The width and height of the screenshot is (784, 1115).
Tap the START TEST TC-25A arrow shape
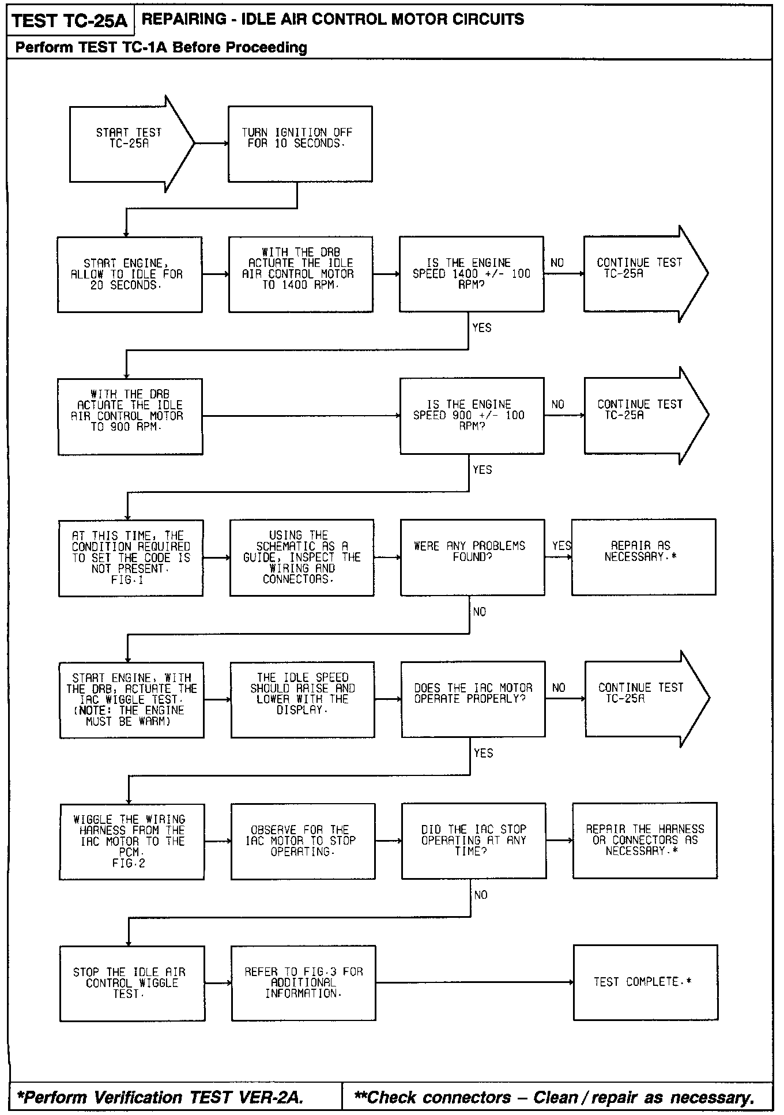pos(130,144)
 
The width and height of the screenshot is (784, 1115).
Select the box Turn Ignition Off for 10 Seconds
pos(300,144)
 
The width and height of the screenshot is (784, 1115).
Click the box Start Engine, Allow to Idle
pos(130,274)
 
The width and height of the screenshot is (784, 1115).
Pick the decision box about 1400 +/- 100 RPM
pos(471,274)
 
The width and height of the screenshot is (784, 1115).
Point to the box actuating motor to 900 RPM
pos(130,416)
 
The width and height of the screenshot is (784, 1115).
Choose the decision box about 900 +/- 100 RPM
pos(472,416)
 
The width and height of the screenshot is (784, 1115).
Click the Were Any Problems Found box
pos(472,557)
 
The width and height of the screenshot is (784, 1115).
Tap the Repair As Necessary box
pos(643,557)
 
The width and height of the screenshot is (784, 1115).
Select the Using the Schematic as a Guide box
pos(301,557)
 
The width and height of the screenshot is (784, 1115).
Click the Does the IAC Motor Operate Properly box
pos(473,699)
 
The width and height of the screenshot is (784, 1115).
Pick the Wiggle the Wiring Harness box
pos(131,842)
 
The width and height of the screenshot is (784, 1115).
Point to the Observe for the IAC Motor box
pos(303,841)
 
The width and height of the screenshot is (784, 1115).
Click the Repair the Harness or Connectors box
pos(644,841)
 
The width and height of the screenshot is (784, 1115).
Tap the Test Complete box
pos(645,982)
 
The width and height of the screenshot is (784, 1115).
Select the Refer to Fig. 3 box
pos(303,983)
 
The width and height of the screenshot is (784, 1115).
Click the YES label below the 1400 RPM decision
pos(481,328)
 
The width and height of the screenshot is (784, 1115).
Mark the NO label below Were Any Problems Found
pos(480,612)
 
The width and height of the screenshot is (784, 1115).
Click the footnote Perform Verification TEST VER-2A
pos(160,1097)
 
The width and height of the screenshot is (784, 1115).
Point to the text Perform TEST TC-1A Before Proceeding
pos(161,47)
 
